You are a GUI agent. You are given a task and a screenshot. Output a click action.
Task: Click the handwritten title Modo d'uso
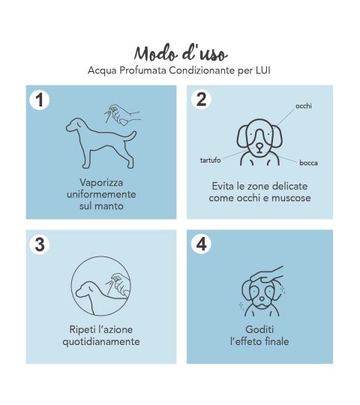tap(181, 53)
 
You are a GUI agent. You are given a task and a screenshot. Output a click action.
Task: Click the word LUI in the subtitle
tap(263, 70)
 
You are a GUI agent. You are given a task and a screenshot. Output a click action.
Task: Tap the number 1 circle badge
tap(40, 100)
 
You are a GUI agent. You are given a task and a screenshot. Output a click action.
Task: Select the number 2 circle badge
tap(202, 100)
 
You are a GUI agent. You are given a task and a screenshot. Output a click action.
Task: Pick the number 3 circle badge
tap(40, 244)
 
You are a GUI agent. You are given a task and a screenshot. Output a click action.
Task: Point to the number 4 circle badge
tap(202, 244)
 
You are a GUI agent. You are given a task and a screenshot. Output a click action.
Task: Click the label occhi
tap(304, 106)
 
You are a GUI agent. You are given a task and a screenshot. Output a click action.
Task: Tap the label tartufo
tap(210, 160)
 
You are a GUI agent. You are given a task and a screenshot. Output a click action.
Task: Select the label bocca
tap(308, 163)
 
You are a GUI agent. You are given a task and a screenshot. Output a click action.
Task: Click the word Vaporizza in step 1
tap(101, 182)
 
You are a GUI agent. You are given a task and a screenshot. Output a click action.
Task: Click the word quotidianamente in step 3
tap(101, 341)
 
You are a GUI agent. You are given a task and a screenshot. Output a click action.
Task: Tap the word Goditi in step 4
tap(259, 329)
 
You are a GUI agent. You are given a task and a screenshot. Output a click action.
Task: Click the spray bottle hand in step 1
tap(122, 115)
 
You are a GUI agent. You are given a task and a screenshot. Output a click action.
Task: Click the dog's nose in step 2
tap(259, 148)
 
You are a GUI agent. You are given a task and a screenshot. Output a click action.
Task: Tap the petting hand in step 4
tap(266, 274)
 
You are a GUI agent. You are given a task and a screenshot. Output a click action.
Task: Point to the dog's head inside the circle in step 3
tap(86, 289)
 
